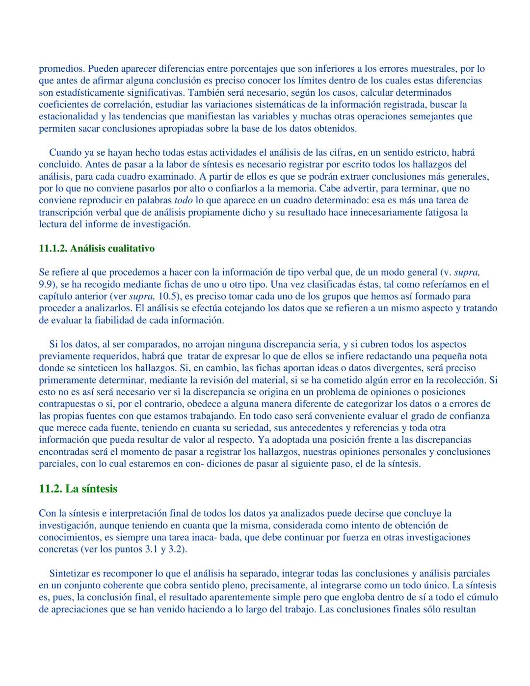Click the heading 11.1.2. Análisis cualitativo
click(97, 248)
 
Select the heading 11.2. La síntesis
click(78, 489)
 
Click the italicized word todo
click(184, 200)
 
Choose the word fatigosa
click(449, 212)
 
